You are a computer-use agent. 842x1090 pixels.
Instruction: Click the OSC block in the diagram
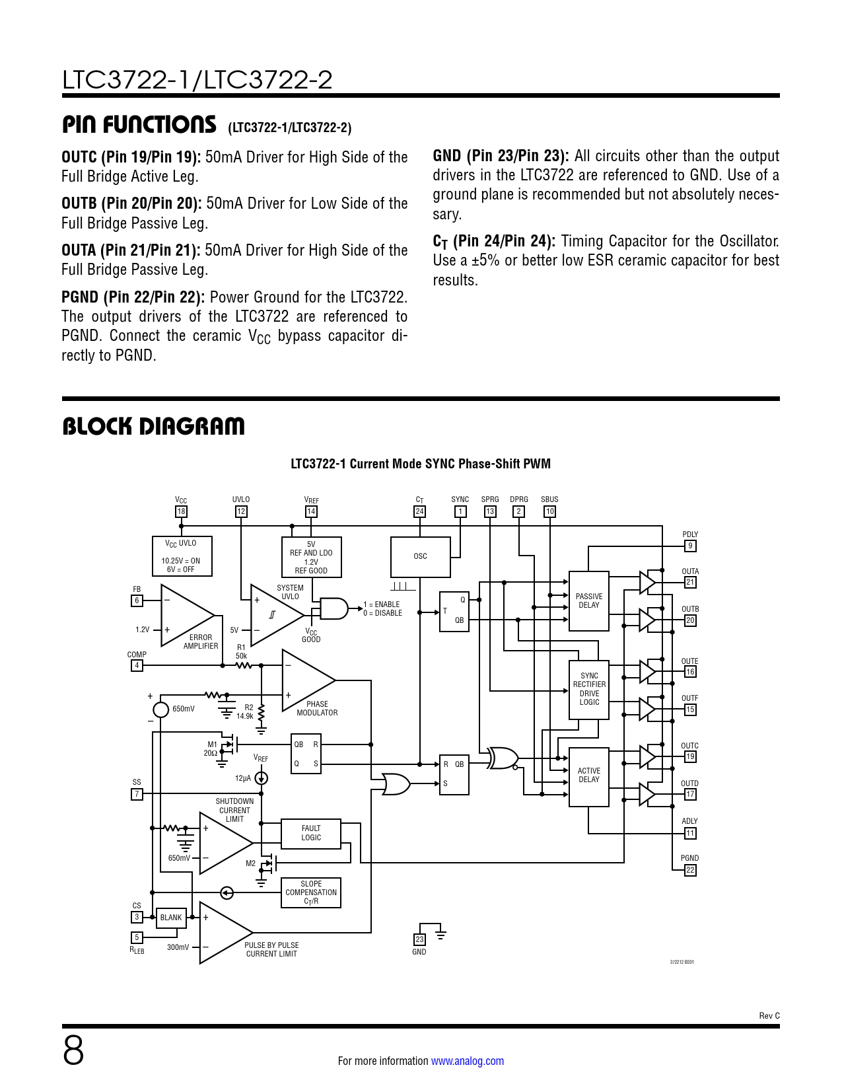pyautogui.click(x=420, y=556)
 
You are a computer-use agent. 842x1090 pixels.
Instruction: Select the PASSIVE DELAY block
pyautogui.click(x=588, y=600)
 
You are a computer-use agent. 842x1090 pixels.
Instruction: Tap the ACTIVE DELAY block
pyautogui.click(x=588, y=776)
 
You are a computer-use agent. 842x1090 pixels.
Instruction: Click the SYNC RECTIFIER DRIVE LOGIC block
pyautogui.click(x=589, y=690)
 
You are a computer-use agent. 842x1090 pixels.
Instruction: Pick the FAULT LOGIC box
pyautogui.click(x=311, y=834)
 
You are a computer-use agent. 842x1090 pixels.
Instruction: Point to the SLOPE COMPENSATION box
pyautogui.click(x=311, y=892)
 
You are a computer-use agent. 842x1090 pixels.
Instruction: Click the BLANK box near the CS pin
pyautogui.click(x=171, y=918)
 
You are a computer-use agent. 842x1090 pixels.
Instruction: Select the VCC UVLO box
pyautogui.click(x=182, y=556)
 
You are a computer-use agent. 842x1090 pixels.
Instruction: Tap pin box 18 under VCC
pyautogui.click(x=181, y=511)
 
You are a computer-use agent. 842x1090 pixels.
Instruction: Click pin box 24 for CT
pyautogui.click(x=419, y=511)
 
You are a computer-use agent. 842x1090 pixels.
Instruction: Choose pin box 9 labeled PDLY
pyautogui.click(x=690, y=546)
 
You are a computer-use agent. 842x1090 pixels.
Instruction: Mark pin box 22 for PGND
pyautogui.click(x=690, y=870)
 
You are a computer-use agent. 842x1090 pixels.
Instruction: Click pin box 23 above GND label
pyautogui.click(x=419, y=939)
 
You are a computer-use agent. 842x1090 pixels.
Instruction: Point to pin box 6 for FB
pyautogui.click(x=137, y=600)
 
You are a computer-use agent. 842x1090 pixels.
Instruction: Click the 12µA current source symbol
pyautogui.click(x=262, y=778)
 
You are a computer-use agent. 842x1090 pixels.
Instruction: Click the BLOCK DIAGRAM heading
pyautogui.click(x=153, y=427)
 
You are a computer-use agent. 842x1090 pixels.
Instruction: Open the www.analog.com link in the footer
pyautogui.click(x=467, y=1061)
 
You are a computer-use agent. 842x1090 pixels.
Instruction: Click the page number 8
pyautogui.click(x=73, y=1050)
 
